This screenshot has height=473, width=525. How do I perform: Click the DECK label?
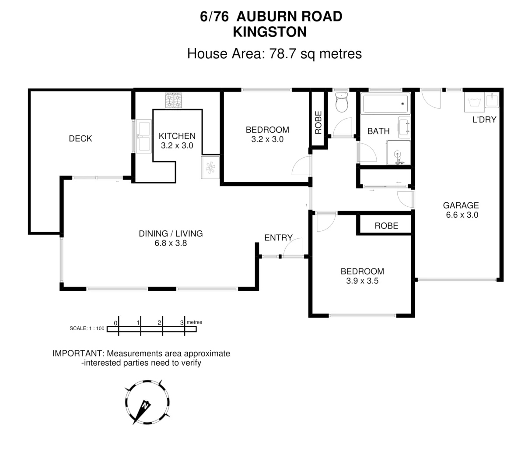point(80,139)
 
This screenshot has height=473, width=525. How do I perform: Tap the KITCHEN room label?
point(177,136)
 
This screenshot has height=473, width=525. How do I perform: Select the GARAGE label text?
point(461,205)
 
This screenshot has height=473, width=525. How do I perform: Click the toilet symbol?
point(341,103)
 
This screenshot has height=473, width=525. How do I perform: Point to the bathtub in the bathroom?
point(385,104)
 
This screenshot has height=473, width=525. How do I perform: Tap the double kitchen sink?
point(143,136)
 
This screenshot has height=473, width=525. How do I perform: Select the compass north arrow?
point(143,408)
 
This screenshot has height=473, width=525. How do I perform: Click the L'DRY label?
point(484,120)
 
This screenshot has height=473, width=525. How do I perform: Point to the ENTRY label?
point(278,238)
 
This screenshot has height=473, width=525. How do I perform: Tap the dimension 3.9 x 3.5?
point(362,281)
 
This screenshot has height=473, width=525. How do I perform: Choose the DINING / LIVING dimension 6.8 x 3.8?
point(171,243)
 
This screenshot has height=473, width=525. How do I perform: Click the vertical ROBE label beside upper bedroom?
point(318,122)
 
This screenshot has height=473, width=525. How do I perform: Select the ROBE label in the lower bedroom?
point(386,226)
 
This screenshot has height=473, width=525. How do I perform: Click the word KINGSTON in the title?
point(269,32)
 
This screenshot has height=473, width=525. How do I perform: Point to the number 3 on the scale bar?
point(182,323)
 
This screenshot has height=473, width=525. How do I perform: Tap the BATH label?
point(378,131)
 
